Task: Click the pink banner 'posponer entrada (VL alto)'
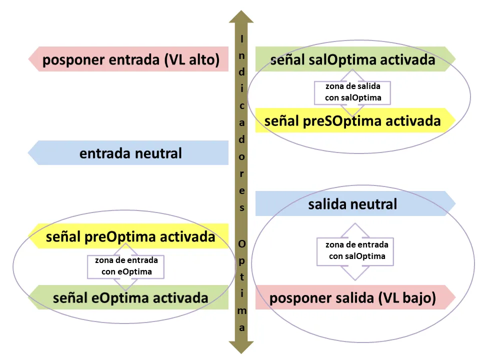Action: pyautogui.click(x=130, y=60)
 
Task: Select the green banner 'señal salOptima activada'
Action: pyautogui.click(x=352, y=60)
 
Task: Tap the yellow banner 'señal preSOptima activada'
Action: pyautogui.click(x=352, y=121)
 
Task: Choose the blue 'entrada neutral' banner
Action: pyautogui.click(x=130, y=153)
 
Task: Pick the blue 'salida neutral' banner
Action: pyautogui.click(x=352, y=204)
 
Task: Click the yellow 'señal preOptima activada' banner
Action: pyautogui.click(x=130, y=236)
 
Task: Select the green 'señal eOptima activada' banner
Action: pyautogui.click(x=130, y=298)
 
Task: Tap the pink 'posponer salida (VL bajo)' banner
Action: pyautogui.click(x=352, y=298)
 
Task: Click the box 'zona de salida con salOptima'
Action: pyautogui.click(x=352, y=92)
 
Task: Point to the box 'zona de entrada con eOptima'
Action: pyautogui.click(x=126, y=266)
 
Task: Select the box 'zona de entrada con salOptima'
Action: pyautogui.click(x=356, y=251)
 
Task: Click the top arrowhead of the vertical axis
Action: pyautogui.click(x=241, y=17)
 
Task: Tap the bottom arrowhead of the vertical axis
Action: pyautogui.click(x=241, y=346)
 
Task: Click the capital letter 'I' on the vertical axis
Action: pyautogui.click(x=242, y=38)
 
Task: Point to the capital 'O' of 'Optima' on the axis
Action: pyautogui.click(x=242, y=243)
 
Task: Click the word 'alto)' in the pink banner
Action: pyautogui.click(x=203, y=60)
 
